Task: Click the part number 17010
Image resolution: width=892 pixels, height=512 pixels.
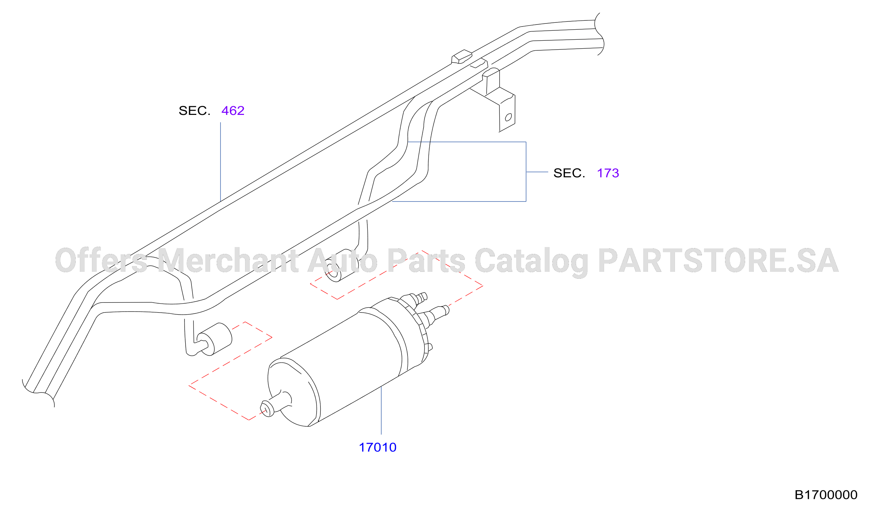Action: [377, 447]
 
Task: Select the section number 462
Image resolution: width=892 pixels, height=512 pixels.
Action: [233, 111]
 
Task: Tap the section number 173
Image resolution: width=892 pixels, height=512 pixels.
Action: [608, 173]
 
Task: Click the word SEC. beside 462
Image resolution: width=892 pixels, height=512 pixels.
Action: [194, 111]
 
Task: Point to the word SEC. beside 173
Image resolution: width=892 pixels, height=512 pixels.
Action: [569, 173]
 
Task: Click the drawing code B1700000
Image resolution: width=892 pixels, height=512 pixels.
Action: [826, 495]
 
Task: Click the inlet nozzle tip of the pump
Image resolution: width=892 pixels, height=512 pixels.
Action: [266, 409]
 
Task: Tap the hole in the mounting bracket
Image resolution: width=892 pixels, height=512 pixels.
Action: [508, 117]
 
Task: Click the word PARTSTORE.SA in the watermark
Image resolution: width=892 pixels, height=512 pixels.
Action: [719, 260]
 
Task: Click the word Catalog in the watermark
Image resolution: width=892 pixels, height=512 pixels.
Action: [532, 262]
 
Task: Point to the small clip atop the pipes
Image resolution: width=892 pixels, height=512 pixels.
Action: [462, 57]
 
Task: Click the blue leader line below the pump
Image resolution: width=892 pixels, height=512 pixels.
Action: [381, 410]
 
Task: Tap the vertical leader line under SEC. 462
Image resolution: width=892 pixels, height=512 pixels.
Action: [220, 162]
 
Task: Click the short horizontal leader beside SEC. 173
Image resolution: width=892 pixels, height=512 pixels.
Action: [537, 172]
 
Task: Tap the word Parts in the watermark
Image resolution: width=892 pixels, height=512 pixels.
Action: [426, 260]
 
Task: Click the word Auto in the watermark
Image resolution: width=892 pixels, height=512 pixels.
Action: [342, 260]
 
